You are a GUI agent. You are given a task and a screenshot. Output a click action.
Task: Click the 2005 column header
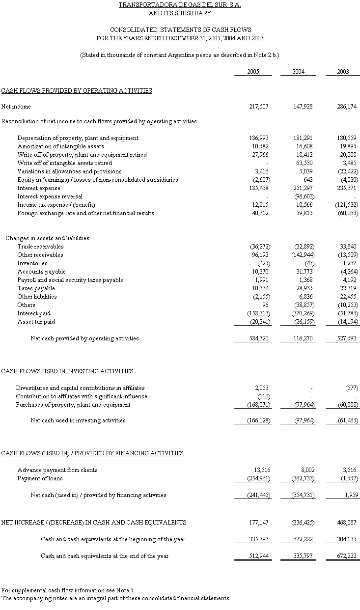click(253, 72)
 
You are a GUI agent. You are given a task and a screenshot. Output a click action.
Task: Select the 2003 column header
click(343, 72)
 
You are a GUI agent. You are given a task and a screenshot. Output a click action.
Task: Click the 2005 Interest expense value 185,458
click(258, 188)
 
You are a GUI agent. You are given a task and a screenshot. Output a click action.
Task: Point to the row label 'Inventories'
click(32, 263)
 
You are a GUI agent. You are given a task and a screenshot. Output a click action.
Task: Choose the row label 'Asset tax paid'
click(36, 322)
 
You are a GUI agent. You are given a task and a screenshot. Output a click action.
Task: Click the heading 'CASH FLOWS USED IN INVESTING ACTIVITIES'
click(67, 371)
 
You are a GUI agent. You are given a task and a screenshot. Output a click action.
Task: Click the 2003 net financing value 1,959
click(350, 495)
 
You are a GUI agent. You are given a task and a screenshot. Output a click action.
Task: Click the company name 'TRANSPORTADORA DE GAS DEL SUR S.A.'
click(180, 5)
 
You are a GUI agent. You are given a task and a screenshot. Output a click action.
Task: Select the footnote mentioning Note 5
click(68, 590)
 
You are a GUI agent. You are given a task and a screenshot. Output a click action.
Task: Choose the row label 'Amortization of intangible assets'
click(60, 146)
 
